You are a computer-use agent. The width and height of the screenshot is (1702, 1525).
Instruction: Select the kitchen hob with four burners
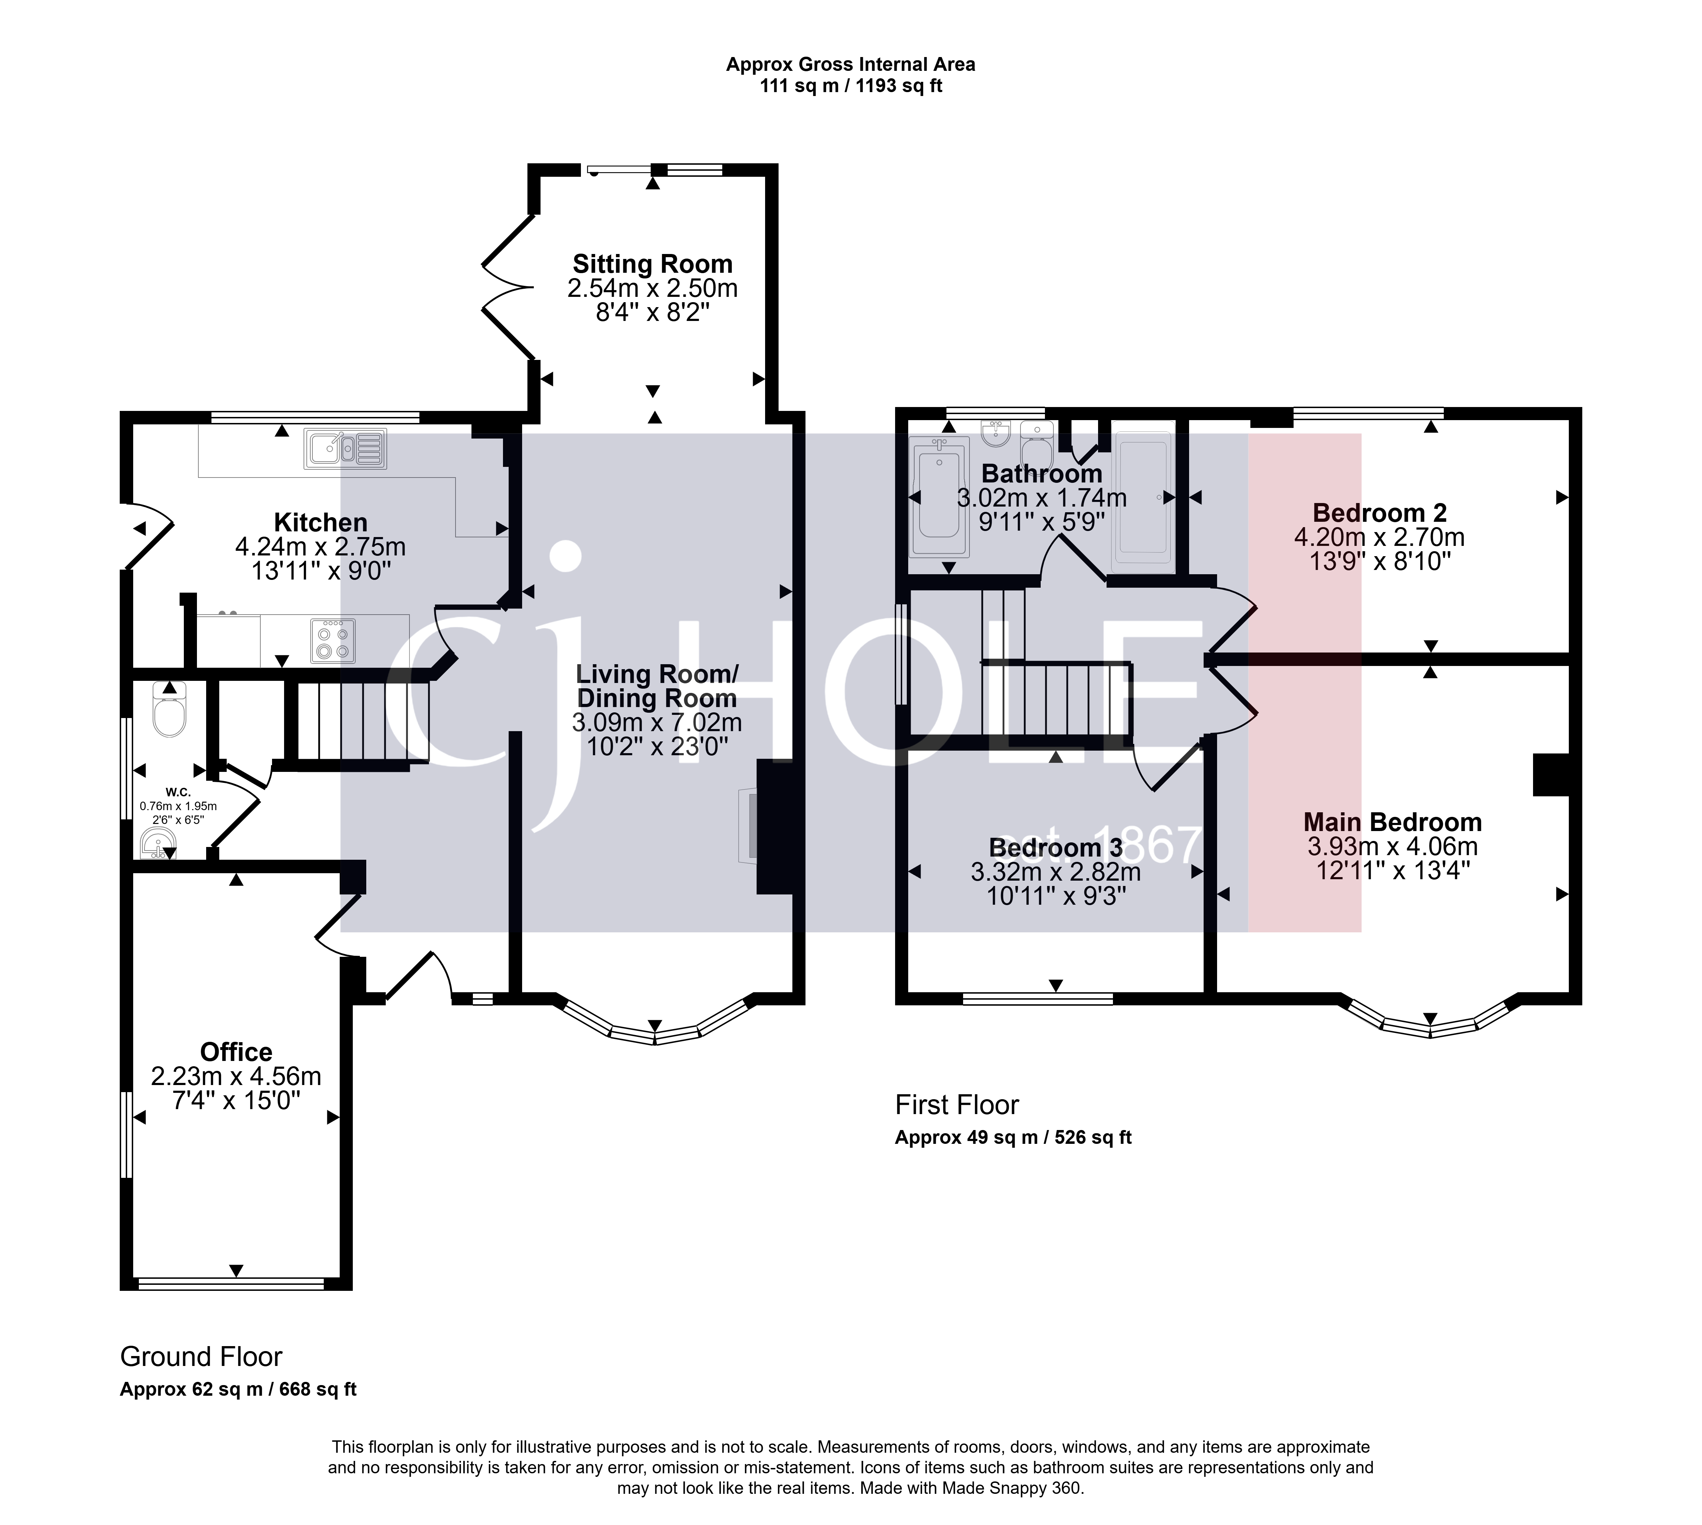(x=333, y=641)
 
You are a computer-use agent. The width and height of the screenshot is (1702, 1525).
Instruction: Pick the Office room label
(x=236, y=1052)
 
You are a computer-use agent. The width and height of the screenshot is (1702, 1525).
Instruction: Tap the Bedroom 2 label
(x=1379, y=513)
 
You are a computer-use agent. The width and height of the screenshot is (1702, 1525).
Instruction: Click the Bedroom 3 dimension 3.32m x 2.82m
(x=1056, y=872)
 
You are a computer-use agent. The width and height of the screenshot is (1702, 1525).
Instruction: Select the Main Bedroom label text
(x=1392, y=822)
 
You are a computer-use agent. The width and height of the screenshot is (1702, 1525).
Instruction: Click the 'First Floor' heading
(x=957, y=1105)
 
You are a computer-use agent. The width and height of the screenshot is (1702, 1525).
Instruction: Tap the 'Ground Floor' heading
(x=201, y=1357)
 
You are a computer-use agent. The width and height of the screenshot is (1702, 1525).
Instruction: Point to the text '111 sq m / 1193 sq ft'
(x=850, y=86)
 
